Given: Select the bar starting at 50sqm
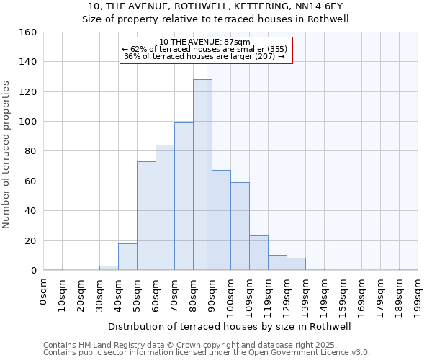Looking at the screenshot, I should pyautogui.click(x=146, y=216).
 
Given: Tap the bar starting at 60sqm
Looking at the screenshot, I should pyautogui.click(x=165, y=208).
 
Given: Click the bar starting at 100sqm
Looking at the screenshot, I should pyautogui.click(x=240, y=226).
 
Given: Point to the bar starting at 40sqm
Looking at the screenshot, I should pyautogui.click(x=127, y=257).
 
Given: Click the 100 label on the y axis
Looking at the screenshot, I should pyautogui.click(x=28, y=122).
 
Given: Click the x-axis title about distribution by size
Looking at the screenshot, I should pyautogui.click(x=230, y=326).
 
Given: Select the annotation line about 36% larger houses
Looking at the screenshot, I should pyautogui.click(x=204, y=56).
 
